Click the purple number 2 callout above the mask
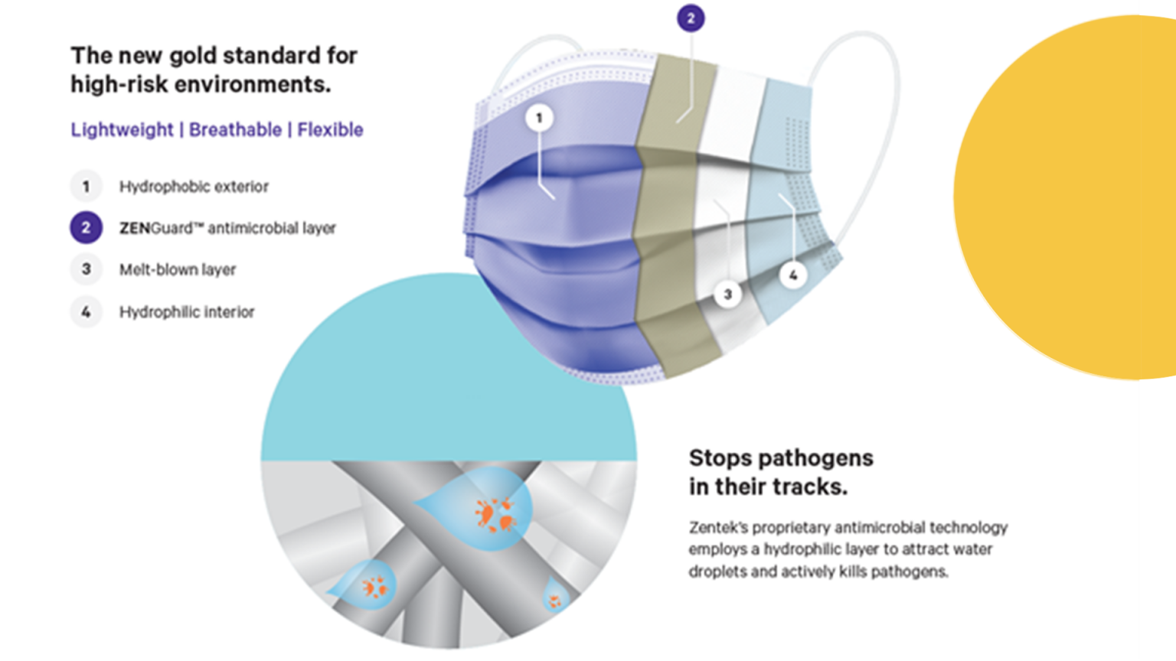pos(691,18)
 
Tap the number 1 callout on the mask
pos(539,118)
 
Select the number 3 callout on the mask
pos(727,295)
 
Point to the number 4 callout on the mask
pos(792,275)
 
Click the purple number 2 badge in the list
pos(86,228)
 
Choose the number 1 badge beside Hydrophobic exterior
pos(86,186)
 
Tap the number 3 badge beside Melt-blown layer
pos(86,269)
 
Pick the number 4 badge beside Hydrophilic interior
pos(86,312)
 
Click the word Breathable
pos(235,129)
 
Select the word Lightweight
pos(122,130)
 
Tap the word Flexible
pos(330,129)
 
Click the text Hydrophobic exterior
pos(194,186)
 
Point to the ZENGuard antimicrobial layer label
pos(227,228)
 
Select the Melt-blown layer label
pos(178,269)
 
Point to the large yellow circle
pos(1066,197)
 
